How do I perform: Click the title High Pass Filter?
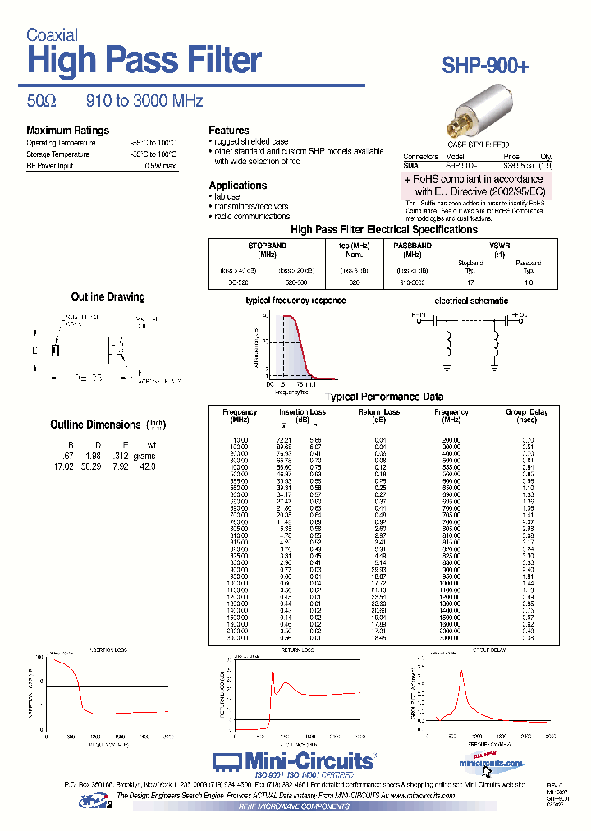(144, 61)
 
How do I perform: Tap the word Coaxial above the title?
(52, 35)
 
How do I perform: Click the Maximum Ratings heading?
(67, 131)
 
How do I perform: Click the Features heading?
(228, 131)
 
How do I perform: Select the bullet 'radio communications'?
(254, 217)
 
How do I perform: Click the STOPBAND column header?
(268, 246)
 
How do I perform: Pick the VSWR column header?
(499, 246)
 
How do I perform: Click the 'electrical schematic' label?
(470, 301)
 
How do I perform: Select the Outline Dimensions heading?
(95, 425)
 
